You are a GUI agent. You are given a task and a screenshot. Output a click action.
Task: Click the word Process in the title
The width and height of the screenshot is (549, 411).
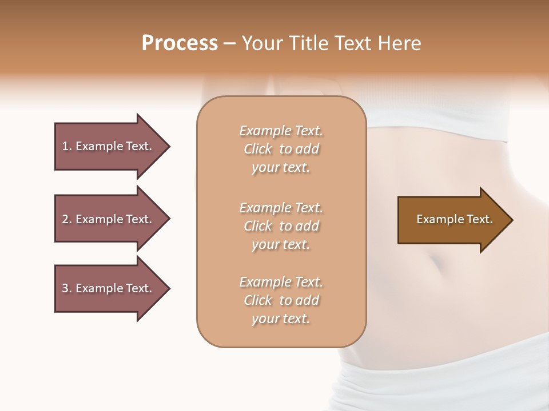tap(180, 43)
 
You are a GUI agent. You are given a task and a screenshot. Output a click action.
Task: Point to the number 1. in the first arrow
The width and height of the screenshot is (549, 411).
tap(67, 146)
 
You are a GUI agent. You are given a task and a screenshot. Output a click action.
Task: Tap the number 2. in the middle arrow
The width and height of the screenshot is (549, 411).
tap(67, 219)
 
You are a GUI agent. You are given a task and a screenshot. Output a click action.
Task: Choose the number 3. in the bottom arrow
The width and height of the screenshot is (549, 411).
tap(67, 288)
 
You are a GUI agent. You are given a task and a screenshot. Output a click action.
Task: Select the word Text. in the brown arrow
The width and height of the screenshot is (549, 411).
tap(478, 219)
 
